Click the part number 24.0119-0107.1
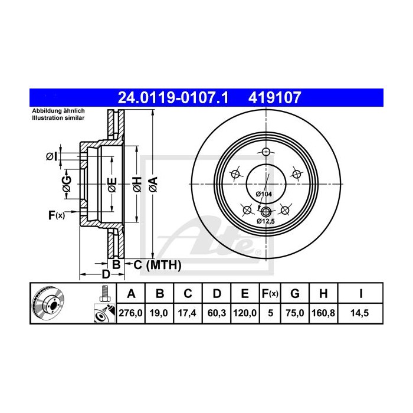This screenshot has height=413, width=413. [173, 98]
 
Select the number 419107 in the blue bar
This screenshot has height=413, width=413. [274, 98]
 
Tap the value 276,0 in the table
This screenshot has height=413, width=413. [130, 313]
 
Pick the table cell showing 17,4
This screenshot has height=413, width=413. [187, 313]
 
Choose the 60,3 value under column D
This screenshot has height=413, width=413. [217, 313]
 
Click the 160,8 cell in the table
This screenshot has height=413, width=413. [323, 313]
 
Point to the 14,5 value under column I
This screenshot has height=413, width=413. [360, 313]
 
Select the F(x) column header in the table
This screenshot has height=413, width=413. [270, 294]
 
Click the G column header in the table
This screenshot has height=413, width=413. [295, 294]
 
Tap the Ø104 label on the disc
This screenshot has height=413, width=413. [264, 194]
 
